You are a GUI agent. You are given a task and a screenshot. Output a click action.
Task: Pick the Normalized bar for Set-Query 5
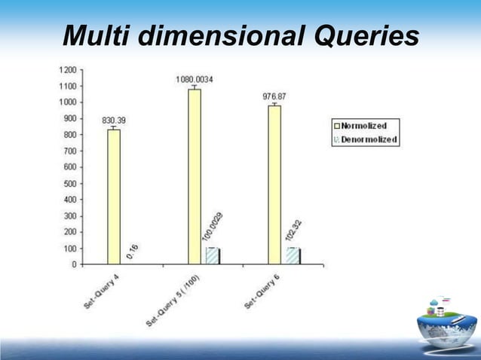click(x=194, y=176)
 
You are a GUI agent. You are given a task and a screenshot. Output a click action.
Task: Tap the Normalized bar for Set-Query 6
click(x=274, y=185)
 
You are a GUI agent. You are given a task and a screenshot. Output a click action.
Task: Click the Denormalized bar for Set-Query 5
click(x=213, y=255)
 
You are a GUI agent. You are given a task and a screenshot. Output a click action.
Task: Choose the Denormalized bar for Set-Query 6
click(x=292, y=255)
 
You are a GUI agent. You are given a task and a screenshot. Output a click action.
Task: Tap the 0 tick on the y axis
click(x=72, y=265)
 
